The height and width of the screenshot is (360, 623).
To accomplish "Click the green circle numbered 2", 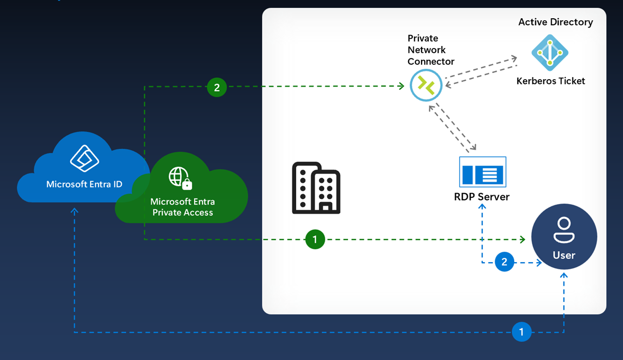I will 216,88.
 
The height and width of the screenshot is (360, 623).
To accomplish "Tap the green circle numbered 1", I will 315,239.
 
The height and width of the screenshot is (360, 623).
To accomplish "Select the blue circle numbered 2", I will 504,262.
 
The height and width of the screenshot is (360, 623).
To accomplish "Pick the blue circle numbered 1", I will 521,332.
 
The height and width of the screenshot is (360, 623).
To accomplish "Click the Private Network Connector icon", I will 426,85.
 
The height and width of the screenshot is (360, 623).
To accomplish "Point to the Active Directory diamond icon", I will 549,52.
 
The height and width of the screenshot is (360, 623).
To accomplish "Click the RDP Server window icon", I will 483,172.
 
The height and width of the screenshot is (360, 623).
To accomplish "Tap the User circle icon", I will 564,237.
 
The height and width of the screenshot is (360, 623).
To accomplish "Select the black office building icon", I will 316,188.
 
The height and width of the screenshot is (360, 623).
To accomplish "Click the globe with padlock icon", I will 180,178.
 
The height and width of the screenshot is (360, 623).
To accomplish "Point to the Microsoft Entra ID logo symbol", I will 84,158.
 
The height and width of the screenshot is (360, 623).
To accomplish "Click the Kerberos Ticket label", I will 550,81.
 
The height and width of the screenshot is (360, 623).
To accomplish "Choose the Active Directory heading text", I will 555,22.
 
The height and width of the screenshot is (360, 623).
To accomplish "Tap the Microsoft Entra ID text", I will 84,184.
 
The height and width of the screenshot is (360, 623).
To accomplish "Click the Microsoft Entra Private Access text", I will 182,207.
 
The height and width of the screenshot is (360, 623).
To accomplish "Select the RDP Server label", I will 482,197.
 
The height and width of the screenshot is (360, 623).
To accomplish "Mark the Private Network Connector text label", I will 430,50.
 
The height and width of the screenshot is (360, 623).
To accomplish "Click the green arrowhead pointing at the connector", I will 401,87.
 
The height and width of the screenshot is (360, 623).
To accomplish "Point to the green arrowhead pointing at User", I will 522,239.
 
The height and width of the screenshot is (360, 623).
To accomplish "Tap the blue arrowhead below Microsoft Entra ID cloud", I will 75,211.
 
